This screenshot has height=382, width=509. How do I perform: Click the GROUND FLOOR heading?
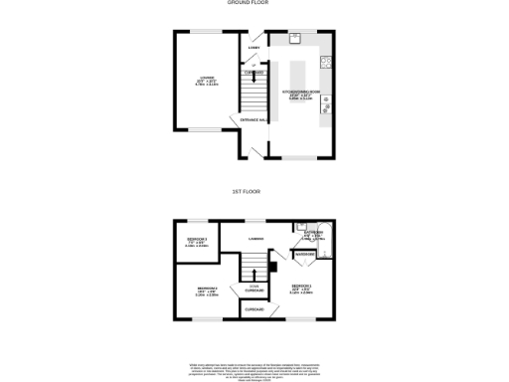pos(254,3)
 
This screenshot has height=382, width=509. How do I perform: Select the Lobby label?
pos(254,47)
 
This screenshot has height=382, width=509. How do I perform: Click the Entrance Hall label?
pos(254,121)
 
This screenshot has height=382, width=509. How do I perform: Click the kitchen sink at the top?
pos(295,39)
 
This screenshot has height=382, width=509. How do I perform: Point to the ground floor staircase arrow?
pos(254,88)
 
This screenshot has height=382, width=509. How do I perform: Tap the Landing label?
pos(255,239)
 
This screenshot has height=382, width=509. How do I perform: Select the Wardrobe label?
pos(304,256)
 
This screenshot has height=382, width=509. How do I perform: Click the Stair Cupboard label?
pos(254,286)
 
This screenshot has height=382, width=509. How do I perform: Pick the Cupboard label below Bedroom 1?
pos(255,310)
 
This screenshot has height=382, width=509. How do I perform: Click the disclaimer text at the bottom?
pos(254,370)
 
